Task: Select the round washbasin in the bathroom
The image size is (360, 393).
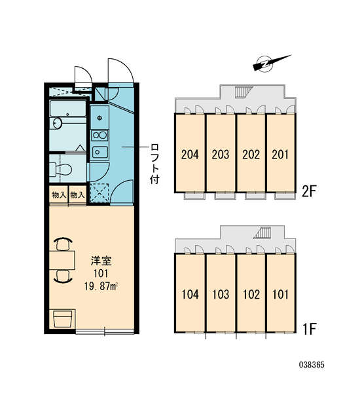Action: click(x=58, y=123)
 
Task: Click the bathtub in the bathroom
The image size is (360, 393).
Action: click(x=68, y=109)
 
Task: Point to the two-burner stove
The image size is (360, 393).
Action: click(x=99, y=136)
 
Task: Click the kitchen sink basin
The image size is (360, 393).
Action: click(x=99, y=152)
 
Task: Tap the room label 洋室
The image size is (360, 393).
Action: click(x=101, y=261)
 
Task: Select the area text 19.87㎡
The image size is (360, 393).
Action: click(x=101, y=286)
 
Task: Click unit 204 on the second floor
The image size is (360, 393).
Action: click(x=190, y=155)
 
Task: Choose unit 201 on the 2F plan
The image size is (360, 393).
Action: click(x=281, y=155)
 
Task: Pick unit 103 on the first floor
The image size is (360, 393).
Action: click(x=221, y=294)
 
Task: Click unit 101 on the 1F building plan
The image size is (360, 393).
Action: click(x=281, y=294)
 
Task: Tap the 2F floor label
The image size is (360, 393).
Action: click(x=310, y=192)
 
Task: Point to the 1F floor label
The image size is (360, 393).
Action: click(x=310, y=329)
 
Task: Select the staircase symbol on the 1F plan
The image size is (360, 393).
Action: click(x=262, y=233)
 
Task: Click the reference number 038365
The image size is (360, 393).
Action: click(x=312, y=365)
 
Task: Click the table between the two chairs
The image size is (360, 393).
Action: click(x=62, y=260)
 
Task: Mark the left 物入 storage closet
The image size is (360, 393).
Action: click(x=59, y=195)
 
